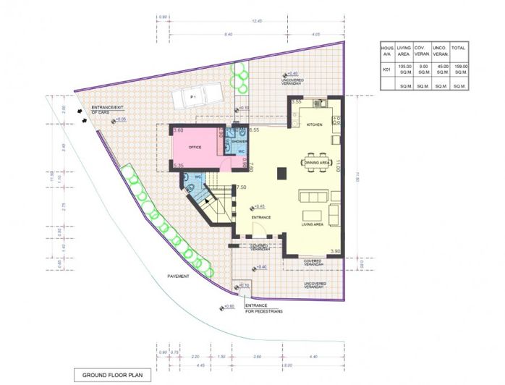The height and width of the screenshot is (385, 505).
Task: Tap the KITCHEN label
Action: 313,125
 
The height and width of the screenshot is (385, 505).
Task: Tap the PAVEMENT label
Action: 178,276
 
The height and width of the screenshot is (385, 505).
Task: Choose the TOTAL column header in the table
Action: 459,48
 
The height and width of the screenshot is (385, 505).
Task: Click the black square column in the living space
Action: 282,172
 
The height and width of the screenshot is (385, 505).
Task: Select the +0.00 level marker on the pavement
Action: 226,306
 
